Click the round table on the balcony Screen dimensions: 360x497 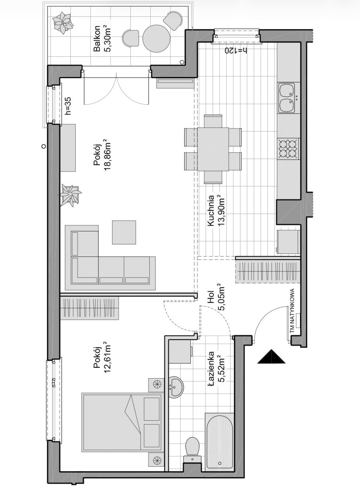tap(156, 38)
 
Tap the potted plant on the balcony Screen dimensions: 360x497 tap(63, 23)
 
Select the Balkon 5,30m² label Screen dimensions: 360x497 tap(103, 38)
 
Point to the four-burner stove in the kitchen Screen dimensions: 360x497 tap(288, 148)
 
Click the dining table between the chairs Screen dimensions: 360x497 tap(213, 149)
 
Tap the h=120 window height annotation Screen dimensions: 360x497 tap(236, 51)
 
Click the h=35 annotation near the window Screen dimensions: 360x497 tap(69, 105)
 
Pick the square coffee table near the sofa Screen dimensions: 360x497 tap(124, 232)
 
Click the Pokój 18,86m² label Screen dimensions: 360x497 tap(103, 154)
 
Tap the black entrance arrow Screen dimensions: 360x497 tap(271, 356)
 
